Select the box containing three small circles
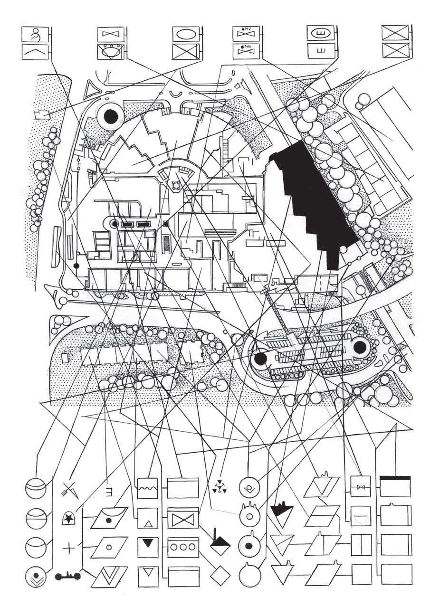(183, 546)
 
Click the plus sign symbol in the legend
(69, 548)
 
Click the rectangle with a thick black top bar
(395, 486)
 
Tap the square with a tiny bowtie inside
(361, 487)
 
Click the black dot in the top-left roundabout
(110, 115)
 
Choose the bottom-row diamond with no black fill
(220, 576)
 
